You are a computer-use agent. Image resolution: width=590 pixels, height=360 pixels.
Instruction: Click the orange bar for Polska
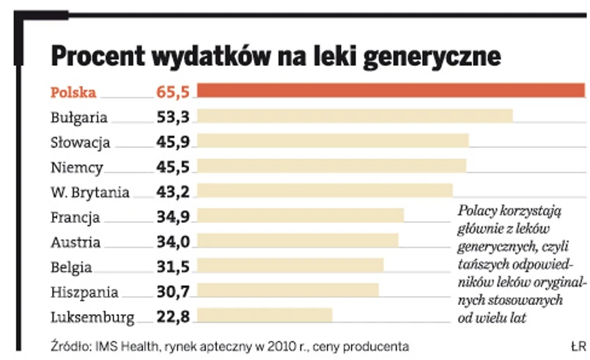coord(391,90)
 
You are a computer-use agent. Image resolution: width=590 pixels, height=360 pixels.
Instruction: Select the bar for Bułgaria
coord(355,116)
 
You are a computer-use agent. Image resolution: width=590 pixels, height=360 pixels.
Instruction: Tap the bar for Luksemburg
coord(265,315)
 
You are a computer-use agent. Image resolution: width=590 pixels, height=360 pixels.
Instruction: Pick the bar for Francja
coord(300,216)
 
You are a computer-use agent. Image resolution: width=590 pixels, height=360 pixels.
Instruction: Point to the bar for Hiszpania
coord(288,290)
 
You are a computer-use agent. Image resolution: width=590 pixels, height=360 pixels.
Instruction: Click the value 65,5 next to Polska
coord(173,92)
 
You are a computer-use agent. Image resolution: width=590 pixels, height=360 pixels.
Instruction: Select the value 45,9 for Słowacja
coord(173,142)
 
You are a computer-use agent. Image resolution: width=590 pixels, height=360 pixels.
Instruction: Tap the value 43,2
coord(173,192)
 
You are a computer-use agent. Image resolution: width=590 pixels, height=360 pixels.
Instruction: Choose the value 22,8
coord(173,317)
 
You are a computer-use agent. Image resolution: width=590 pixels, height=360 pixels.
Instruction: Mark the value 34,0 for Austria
coord(173,242)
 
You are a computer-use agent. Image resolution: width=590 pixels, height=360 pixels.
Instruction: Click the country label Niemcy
coord(77,167)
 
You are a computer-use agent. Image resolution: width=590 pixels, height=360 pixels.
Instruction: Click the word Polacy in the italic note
coord(479,210)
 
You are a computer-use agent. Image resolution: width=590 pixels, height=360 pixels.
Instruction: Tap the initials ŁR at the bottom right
coord(578,345)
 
